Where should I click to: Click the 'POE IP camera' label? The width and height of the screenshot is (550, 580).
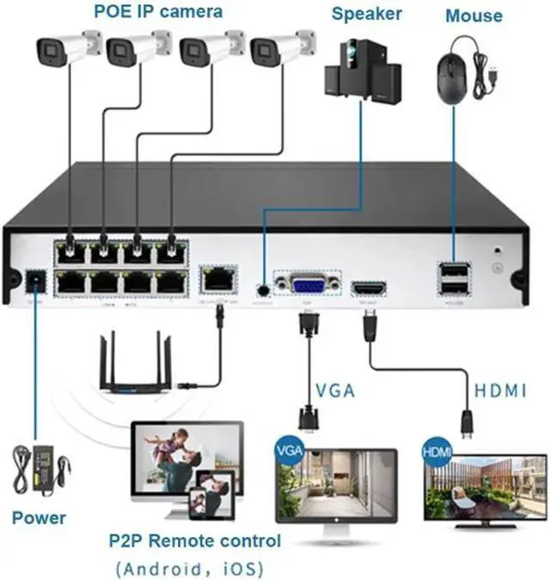coord(158,12)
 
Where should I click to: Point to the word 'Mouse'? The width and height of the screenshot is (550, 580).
coord(474,15)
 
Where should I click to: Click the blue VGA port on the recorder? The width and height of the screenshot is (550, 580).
coord(305,287)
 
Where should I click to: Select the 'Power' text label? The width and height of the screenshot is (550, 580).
coord(39,517)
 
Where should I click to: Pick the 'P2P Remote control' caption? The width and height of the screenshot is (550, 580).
coord(194,541)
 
